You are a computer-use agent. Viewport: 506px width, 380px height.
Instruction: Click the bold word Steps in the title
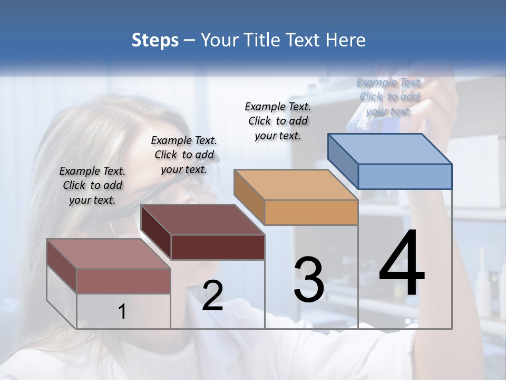155,41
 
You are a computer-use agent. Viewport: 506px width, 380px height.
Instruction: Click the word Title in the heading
262,40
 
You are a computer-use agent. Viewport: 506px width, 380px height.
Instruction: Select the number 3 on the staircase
309,280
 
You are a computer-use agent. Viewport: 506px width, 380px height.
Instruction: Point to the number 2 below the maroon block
212,296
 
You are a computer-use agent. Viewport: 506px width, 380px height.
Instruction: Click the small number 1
122,311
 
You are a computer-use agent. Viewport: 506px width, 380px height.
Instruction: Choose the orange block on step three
296,196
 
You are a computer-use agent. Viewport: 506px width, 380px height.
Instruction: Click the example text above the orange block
278,121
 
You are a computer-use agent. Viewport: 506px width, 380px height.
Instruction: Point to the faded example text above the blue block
390,97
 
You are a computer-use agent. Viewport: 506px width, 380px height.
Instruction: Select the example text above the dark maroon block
184,155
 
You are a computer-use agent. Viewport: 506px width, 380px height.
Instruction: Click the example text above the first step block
92,185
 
